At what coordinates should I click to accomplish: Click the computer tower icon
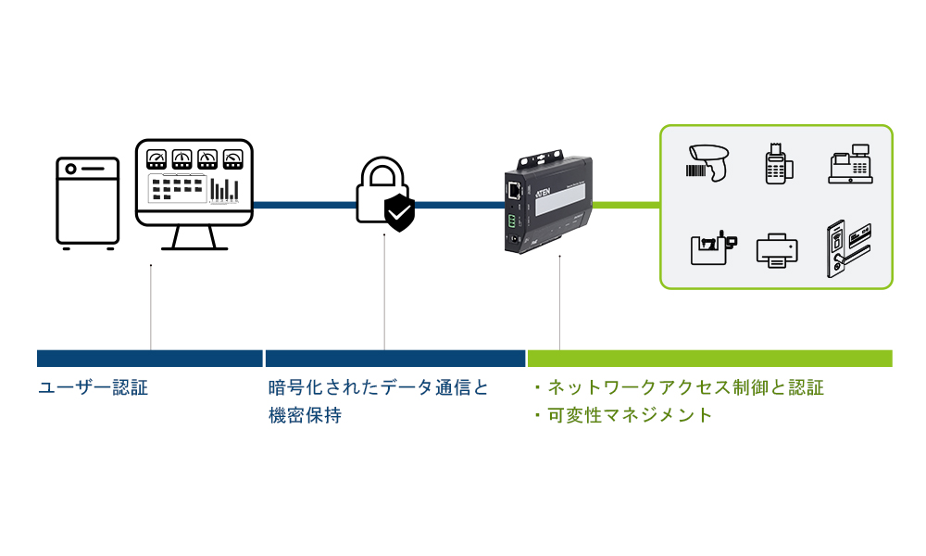coord(88,202)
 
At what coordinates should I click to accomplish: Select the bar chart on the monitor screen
coord(222,188)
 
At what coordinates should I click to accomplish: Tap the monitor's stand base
coord(194,247)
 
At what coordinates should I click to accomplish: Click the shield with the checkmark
coord(399,214)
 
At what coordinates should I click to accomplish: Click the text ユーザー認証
coord(93,387)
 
